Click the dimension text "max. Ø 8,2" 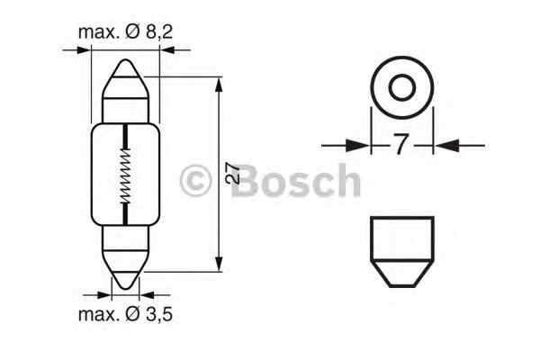click(125, 32)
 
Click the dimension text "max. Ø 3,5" click(125, 314)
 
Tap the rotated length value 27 click(233, 174)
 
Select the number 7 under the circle click(400, 144)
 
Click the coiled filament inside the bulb click(126, 175)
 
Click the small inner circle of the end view click(401, 86)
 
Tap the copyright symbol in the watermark click(195, 180)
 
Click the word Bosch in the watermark click(295, 180)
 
